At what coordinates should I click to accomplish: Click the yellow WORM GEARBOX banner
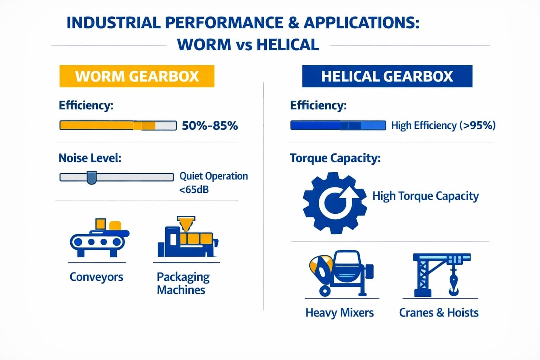click(x=137, y=76)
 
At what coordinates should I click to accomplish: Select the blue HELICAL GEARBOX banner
click(x=387, y=76)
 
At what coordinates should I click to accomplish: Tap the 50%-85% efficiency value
click(x=210, y=126)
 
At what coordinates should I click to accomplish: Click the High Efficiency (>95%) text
click(x=443, y=126)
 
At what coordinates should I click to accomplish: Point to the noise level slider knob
click(x=91, y=177)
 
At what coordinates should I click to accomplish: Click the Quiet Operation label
click(x=213, y=176)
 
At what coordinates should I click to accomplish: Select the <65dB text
click(x=194, y=190)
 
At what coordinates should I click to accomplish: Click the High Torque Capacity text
click(x=425, y=196)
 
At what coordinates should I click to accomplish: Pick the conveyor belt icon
click(x=99, y=238)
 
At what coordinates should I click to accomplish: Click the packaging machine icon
click(x=187, y=238)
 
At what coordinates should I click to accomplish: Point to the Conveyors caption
click(x=96, y=277)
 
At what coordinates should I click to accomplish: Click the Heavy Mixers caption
click(x=339, y=313)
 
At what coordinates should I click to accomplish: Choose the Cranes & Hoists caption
click(x=439, y=313)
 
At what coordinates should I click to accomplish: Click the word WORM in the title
click(x=204, y=45)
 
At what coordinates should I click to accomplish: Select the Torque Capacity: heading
click(x=335, y=158)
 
